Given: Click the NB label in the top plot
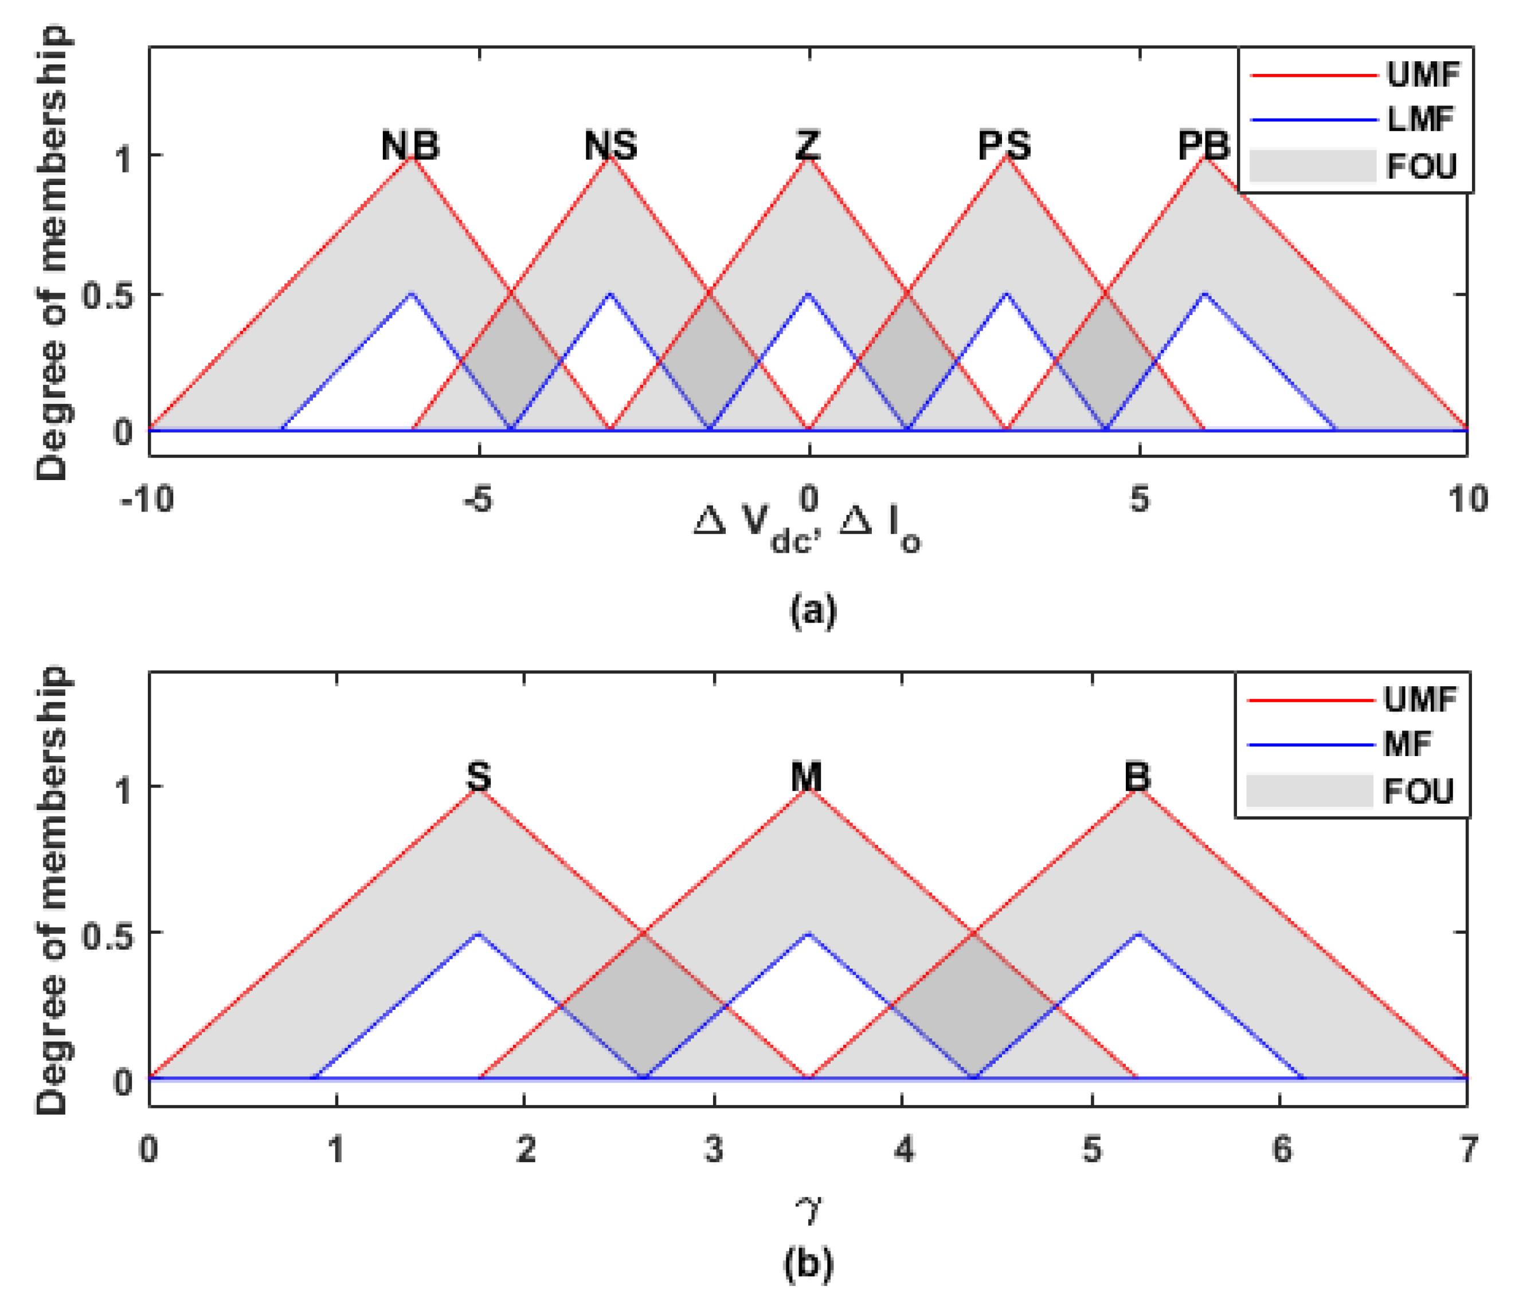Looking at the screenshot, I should pos(410,145).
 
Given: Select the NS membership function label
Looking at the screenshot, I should pos(610,145).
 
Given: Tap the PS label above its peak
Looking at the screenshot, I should pos(1005,145).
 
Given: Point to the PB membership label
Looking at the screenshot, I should pos(1204,145).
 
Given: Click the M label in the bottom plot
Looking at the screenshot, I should pos(807,776).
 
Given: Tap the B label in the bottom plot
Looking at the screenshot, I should pos(1137,776).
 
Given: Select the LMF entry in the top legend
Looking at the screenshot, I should pos(1420,119).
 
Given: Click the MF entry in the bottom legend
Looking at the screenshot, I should pos(1407,745).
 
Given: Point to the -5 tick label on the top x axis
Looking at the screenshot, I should pos(477,500).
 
